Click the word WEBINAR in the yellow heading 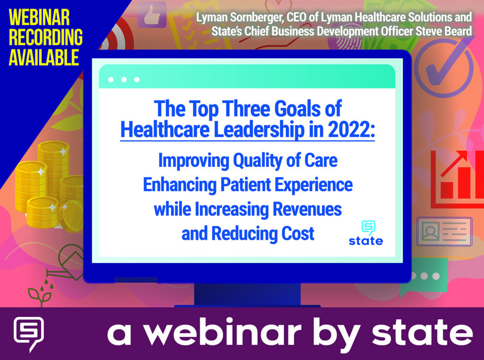[39, 18]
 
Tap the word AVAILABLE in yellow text [43, 57]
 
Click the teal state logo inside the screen [366, 233]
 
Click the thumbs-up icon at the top [151, 15]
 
